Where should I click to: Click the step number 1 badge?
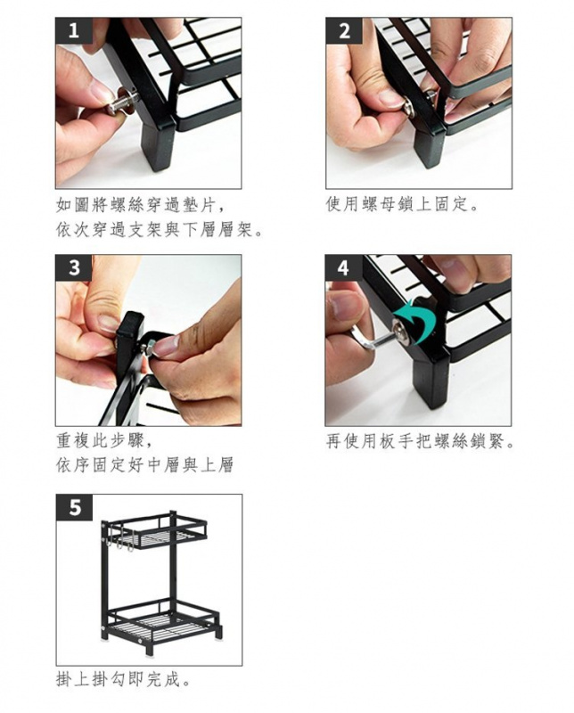74,30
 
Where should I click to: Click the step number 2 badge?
344,30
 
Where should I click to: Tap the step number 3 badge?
74,267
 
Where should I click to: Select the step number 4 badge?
344,267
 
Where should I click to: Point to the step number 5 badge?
74,507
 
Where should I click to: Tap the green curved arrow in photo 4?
414,321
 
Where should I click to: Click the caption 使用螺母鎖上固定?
403,205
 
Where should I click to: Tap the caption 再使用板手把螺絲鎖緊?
421,441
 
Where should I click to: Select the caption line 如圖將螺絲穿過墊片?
141,206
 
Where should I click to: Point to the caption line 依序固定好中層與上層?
145,465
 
